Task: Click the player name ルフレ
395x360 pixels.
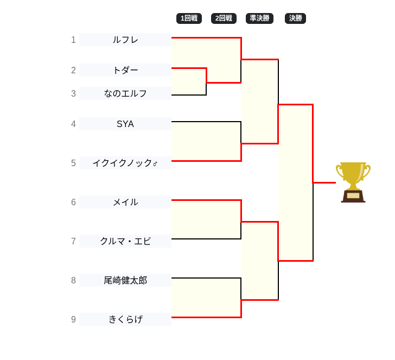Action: click(x=125, y=40)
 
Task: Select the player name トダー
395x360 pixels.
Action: click(x=125, y=70)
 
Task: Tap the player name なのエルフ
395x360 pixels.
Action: click(x=125, y=93)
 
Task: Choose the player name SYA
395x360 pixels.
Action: click(x=125, y=124)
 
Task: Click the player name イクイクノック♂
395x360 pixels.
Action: click(x=125, y=163)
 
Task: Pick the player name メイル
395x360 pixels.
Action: click(x=125, y=202)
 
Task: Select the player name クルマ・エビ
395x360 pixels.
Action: click(x=125, y=241)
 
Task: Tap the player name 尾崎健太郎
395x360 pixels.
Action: click(x=125, y=280)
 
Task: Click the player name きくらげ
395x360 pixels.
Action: click(x=125, y=319)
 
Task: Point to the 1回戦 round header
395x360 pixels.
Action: click(x=189, y=18)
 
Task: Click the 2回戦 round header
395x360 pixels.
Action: click(x=224, y=18)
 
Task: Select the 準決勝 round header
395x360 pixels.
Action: click(x=259, y=18)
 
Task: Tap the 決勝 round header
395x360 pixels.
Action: click(x=295, y=18)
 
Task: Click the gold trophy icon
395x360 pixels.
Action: click(x=353, y=182)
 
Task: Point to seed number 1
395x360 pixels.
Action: click(x=73, y=40)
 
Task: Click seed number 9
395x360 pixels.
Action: click(x=73, y=319)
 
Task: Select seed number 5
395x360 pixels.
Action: click(x=73, y=163)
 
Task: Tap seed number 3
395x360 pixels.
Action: click(x=73, y=93)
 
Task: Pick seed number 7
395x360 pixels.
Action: click(x=73, y=241)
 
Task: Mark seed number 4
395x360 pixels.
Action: click(x=73, y=124)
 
